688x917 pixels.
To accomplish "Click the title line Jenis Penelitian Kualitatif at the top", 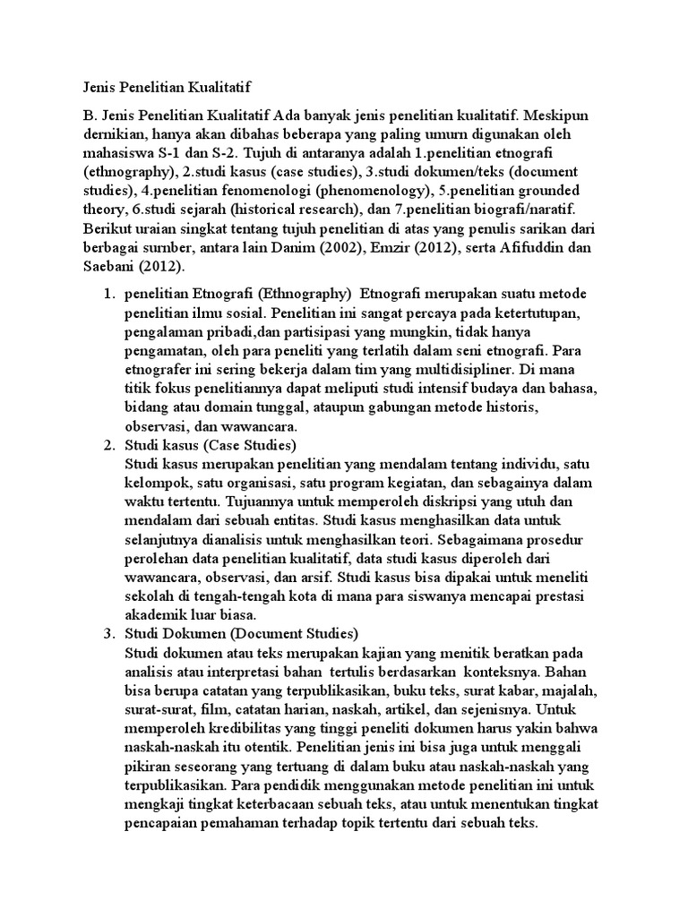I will point(162,88).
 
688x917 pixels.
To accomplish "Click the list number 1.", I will point(107,294).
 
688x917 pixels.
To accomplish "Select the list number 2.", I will point(107,445).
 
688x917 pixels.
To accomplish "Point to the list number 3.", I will point(107,634).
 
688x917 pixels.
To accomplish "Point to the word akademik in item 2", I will point(158,615).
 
